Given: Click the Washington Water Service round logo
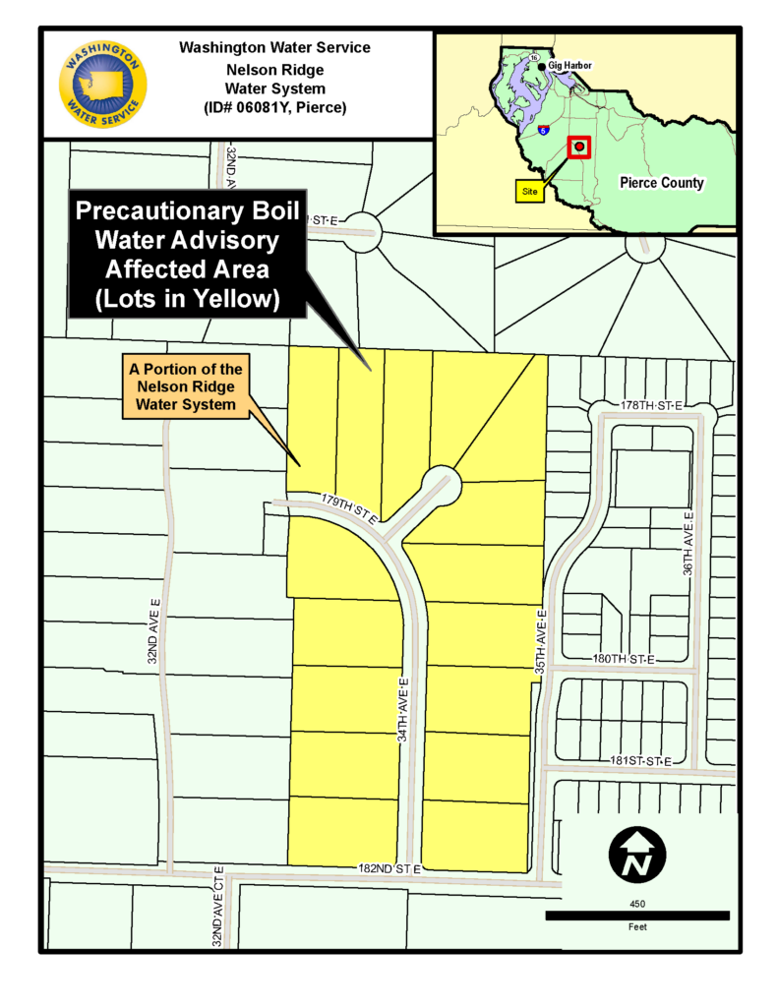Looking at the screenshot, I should point(103,85).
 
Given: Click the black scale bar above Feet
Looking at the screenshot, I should point(637,916).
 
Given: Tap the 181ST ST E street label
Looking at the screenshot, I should point(640,761).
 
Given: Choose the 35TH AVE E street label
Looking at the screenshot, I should point(540,640).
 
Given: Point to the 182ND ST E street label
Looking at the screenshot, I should point(389,869).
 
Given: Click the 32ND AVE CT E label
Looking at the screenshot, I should point(217,906).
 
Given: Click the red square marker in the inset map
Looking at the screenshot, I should point(580,148).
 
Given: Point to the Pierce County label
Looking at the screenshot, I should point(661,183).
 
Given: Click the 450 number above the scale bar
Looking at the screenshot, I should point(637,901).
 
